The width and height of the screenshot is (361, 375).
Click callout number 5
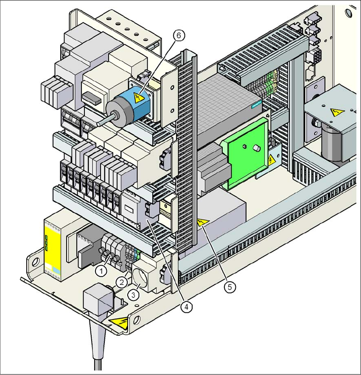click(x=229, y=287)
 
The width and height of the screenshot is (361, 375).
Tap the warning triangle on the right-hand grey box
click(x=337, y=112)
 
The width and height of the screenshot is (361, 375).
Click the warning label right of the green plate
click(x=271, y=160)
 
